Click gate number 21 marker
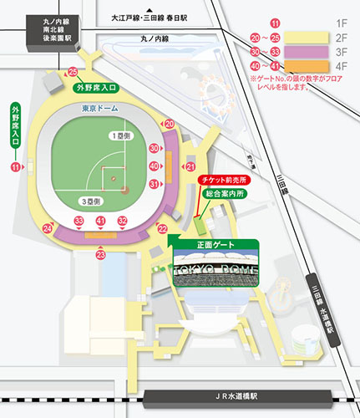190,167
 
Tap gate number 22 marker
163,228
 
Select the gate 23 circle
100,254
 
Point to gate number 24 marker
48,228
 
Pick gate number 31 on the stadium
154,184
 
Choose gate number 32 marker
122,221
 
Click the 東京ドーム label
100,109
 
